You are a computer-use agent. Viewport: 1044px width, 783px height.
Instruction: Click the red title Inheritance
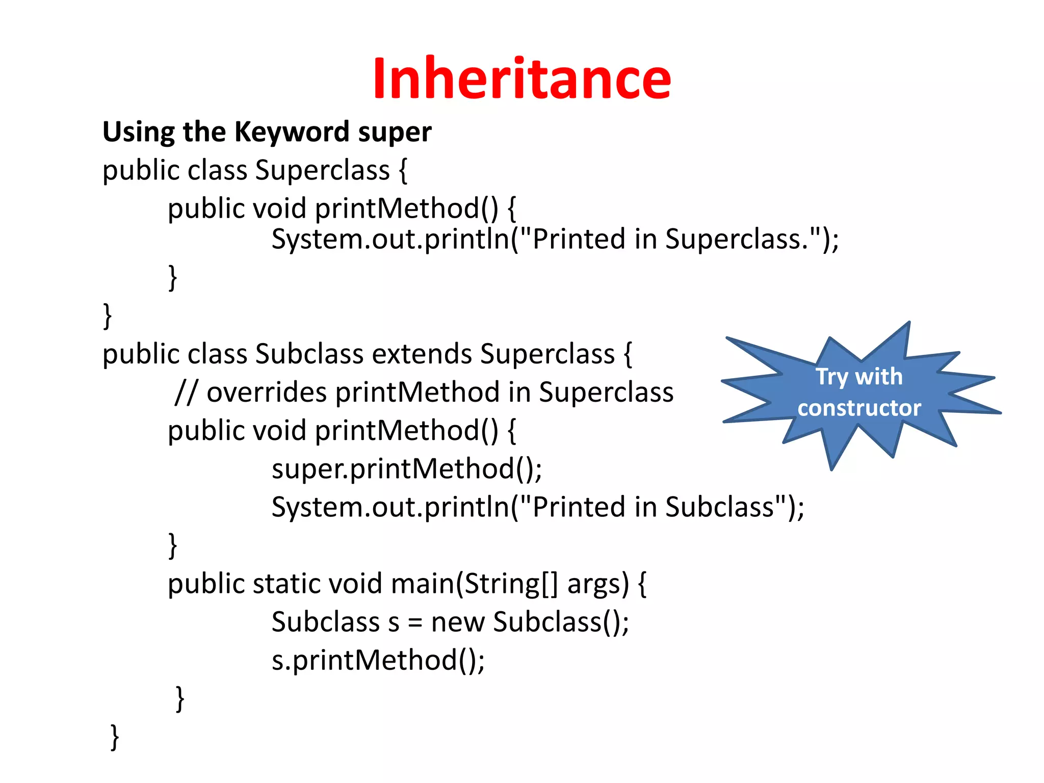coord(521,79)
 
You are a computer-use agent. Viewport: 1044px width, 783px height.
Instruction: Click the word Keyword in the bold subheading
coord(291,132)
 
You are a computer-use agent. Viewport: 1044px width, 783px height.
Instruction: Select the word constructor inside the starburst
coord(859,408)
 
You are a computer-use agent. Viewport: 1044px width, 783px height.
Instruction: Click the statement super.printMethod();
coord(406,469)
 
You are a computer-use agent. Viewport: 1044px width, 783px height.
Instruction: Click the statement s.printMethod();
coord(378,661)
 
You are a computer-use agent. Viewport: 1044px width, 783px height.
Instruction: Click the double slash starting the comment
coord(185,393)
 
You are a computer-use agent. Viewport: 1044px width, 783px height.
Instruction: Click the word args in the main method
coord(598,585)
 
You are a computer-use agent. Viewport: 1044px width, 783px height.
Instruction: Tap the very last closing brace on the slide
coord(115,737)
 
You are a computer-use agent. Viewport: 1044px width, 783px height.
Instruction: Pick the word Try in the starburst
coord(831,377)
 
